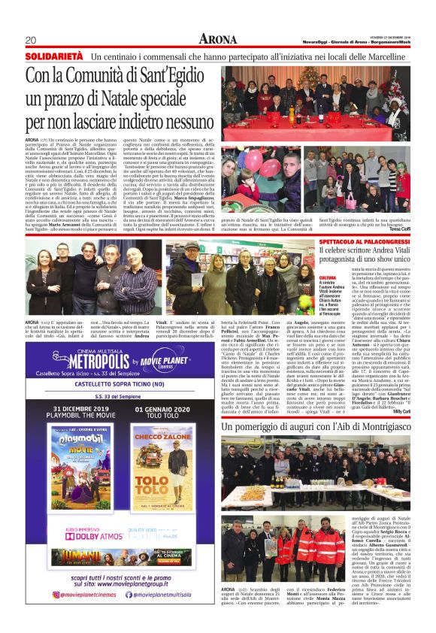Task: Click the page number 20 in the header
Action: (31, 40)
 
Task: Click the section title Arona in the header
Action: (218, 39)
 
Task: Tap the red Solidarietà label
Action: (53, 56)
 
